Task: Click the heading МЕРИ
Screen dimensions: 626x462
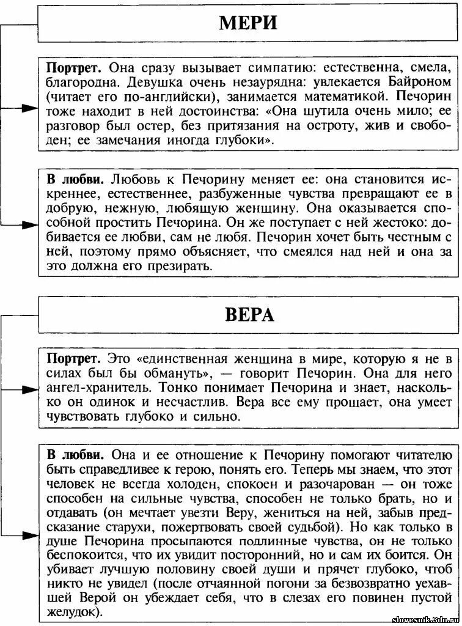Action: (x=248, y=23)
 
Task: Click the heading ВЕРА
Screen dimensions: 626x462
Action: (x=248, y=314)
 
